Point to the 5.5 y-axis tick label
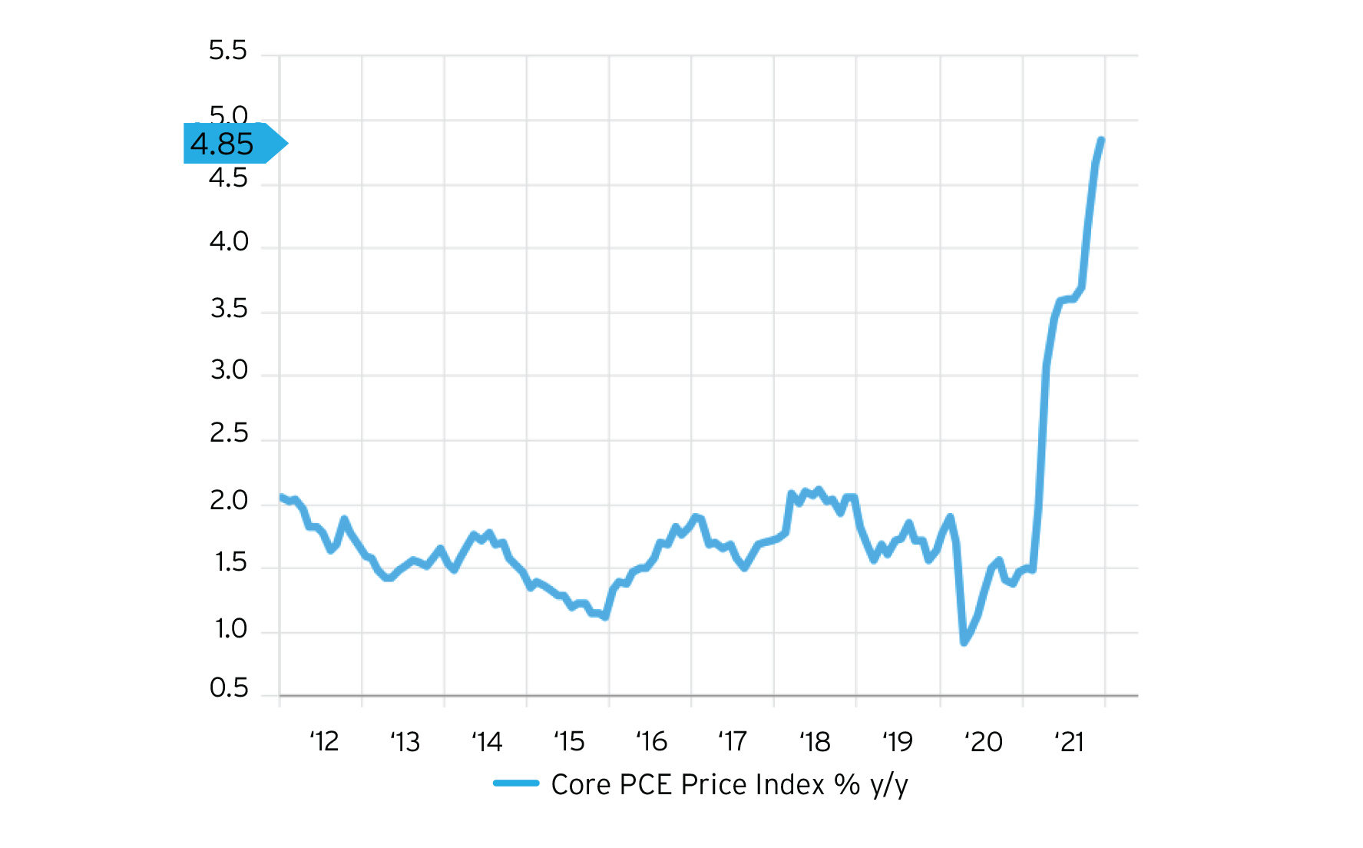(x=228, y=51)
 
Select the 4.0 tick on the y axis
(x=229, y=242)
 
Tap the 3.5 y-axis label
(x=229, y=309)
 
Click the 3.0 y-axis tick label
(x=229, y=370)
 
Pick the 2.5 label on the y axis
(x=229, y=434)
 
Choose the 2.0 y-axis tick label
(x=229, y=501)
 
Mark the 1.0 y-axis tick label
(x=230, y=629)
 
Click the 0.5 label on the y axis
(x=229, y=688)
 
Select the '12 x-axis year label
(x=324, y=742)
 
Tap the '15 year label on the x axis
(x=569, y=742)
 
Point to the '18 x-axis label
(x=815, y=742)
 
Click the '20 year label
(x=984, y=742)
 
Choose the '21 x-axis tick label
(x=1068, y=742)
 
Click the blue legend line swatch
(x=516, y=783)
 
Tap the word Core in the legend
(x=581, y=784)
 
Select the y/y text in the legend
(x=889, y=785)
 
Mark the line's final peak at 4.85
(x=1101, y=140)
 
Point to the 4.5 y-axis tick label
(x=228, y=179)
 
